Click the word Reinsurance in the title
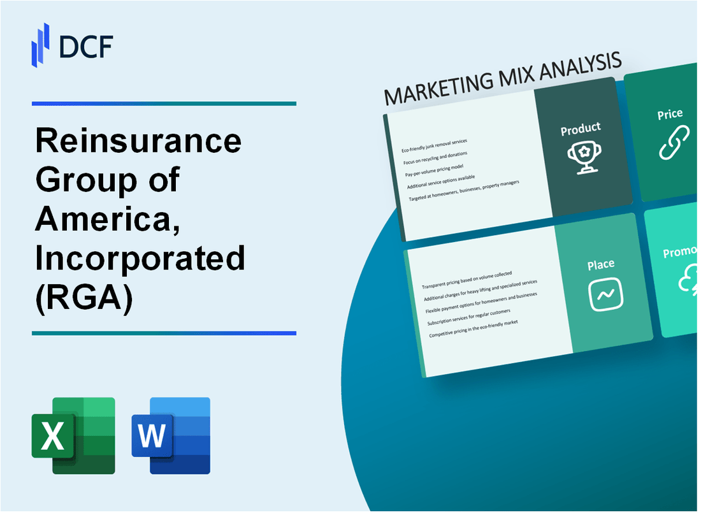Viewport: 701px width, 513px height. click(x=138, y=141)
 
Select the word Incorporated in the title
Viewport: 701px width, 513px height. click(x=140, y=258)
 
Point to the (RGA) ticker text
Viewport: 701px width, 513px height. click(x=84, y=297)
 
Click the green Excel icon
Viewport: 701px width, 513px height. click(x=73, y=436)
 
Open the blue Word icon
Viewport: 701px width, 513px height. click(x=171, y=436)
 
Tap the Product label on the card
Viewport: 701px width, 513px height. click(x=580, y=129)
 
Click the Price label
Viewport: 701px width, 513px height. click(x=670, y=115)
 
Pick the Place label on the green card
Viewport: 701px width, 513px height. click(x=601, y=264)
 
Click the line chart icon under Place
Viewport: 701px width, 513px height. click(x=605, y=295)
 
